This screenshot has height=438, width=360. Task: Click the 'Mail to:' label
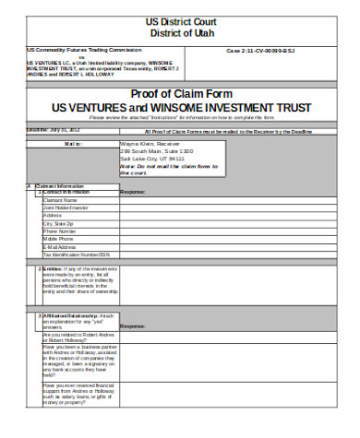pos(73,145)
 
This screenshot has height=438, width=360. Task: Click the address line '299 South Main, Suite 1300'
pos(156,152)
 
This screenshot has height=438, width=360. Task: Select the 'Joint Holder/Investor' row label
pos(66,207)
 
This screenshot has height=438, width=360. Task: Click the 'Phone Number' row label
pos(59,231)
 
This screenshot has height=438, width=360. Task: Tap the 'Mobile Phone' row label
pos(58,239)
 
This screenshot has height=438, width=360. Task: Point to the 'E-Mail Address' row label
pos(61,247)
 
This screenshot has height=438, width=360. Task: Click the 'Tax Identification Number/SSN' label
pos(77,255)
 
